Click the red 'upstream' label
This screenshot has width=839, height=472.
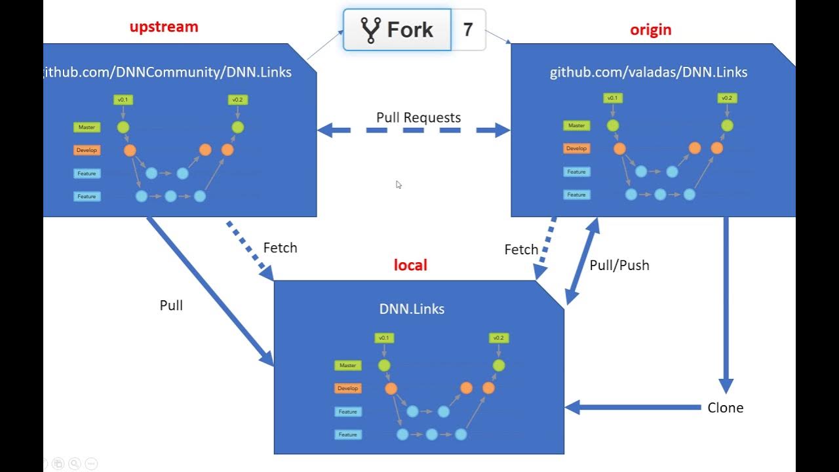(163, 27)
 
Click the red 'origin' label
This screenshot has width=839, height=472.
(650, 30)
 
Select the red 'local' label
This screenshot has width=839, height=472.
(410, 265)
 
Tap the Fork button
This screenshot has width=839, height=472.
(397, 29)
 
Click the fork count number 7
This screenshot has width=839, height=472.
(468, 29)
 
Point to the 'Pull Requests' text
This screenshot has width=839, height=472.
(418, 117)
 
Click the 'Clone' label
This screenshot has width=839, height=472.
(725, 408)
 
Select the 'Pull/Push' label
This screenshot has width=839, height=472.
(619, 265)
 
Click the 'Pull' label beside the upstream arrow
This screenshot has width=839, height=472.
(171, 305)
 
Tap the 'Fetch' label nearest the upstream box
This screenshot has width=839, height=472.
(280, 248)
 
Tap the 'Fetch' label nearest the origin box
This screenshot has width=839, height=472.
(521, 250)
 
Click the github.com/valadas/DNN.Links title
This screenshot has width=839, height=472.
(648, 72)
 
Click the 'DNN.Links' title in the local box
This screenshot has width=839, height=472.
(412, 309)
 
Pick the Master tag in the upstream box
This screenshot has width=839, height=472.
(87, 127)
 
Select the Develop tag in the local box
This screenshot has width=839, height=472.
(347, 388)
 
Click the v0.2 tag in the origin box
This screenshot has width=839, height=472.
(726, 98)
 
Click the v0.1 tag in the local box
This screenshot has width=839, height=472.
(383, 338)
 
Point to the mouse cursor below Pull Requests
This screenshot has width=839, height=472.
(399, 185)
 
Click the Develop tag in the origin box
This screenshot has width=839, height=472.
(576, 148)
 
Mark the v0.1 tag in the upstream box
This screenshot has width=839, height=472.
(123, 100)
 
